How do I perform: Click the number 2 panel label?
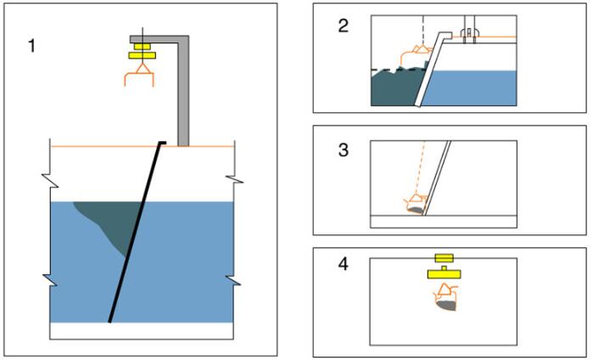point(344,25)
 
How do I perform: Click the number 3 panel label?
point(344,149)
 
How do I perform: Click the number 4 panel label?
point(344,264)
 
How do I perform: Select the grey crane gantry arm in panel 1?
point(181,85)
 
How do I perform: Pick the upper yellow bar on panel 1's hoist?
point(139,45)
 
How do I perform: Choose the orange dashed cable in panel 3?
point(420,170)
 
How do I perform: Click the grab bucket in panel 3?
point(417,205)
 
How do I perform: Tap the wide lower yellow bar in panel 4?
point(445,273)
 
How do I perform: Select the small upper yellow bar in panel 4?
point(444,256)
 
